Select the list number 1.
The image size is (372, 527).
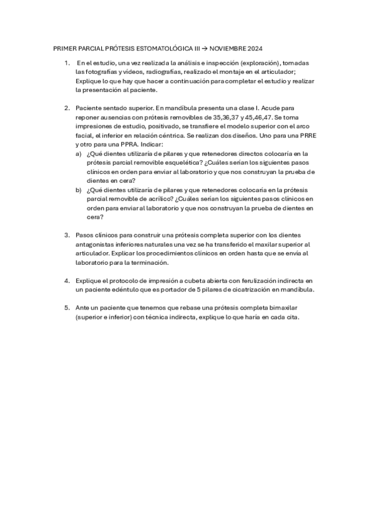click(66, 63)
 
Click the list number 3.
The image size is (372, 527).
click(66, 236)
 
